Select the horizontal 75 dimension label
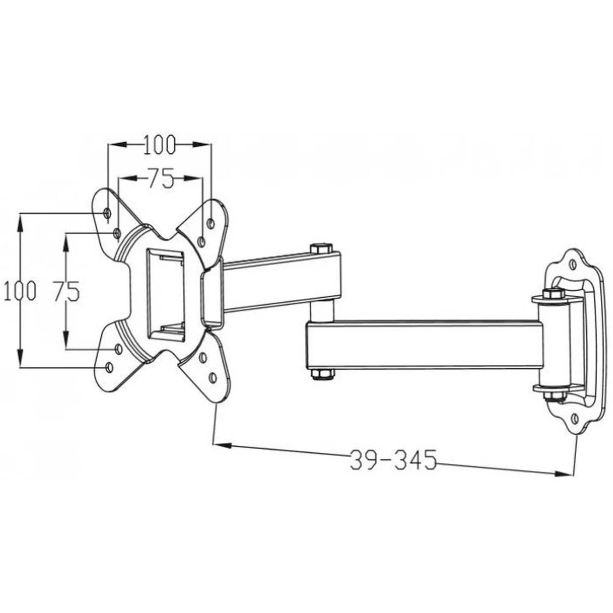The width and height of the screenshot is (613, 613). pos(159,178)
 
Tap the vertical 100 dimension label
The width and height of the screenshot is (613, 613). pos(19,291)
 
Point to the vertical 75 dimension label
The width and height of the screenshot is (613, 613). pos(66,291)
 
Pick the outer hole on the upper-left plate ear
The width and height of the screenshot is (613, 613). pos(107,213)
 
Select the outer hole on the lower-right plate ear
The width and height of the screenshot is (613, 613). pos(213,377)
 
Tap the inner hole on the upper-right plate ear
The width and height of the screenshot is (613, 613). pos(201,241)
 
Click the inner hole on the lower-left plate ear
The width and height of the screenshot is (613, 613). pos(118,349)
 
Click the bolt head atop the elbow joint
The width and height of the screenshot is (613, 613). pos(321,249)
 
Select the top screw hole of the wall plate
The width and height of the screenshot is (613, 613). pos(572,264)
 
